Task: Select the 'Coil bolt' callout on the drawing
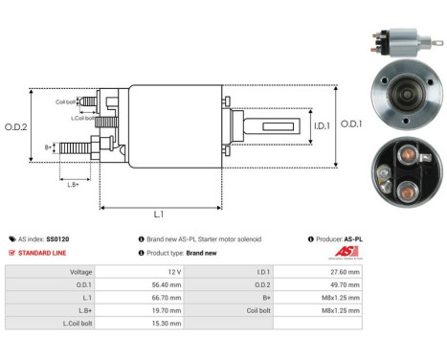click(x=66, y=99)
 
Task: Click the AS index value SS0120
click(x=64, y=238)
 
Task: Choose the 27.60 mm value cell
click(x=343, y=272)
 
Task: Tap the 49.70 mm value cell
click(x=343, y=284)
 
